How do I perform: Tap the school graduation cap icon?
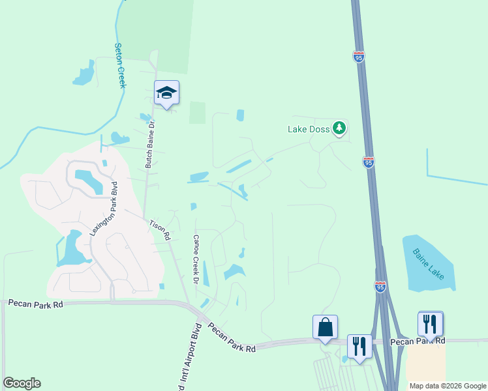click(166, 93)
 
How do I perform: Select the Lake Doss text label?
click(309, 129)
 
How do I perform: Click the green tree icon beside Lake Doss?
click(339, 128)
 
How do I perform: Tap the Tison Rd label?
click(159, 230)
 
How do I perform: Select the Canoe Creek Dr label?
click(194, 259)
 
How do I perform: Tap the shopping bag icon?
click(325, 327)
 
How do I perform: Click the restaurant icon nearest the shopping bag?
click(359, 345)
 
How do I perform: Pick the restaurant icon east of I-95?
click(431, 323)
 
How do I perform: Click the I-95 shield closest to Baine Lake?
click(380, 286)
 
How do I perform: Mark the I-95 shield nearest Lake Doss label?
click(369, 162)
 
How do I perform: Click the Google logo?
click(22, 383)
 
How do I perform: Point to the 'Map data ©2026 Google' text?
click(448, 386)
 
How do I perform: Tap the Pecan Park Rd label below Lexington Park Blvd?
click(35, 304)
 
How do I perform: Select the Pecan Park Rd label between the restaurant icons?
click(418, 341)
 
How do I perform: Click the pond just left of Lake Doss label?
click(240, 115)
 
